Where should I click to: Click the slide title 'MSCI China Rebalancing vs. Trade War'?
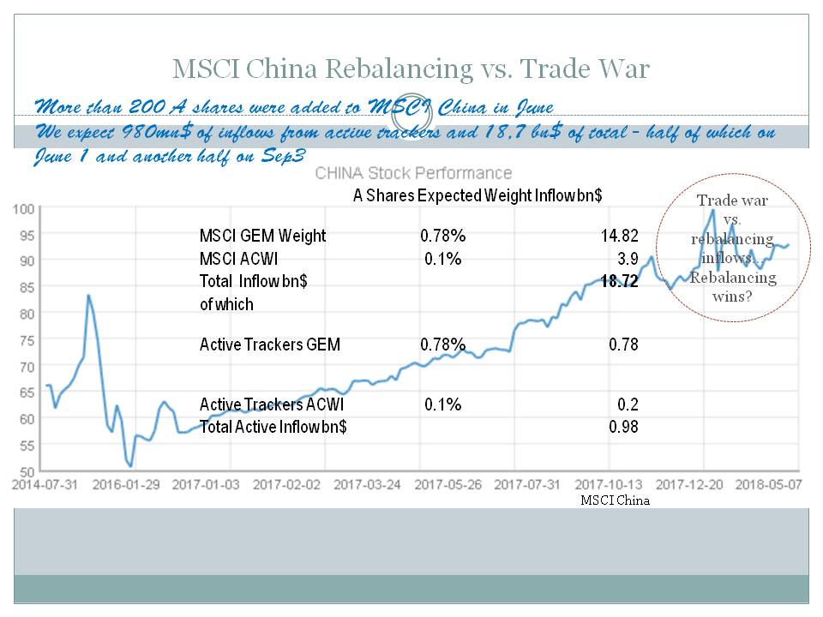coord(411,68)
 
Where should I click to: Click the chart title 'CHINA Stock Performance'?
coord(413,173)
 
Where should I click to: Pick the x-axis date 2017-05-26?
coord(447,484)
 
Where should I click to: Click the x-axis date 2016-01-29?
coord(127,484)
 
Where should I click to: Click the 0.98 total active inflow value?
coord(623,427)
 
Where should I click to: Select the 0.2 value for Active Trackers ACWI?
coord(628,404)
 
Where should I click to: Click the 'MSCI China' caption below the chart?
coord(615,500)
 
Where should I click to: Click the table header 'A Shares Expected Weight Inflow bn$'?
coord(478,195)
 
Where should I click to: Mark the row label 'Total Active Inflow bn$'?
coord(273,427)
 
